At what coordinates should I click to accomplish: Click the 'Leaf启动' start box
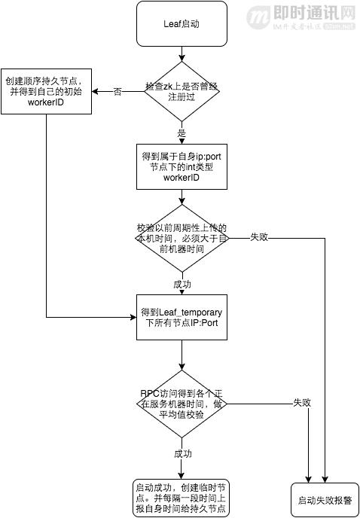pos(181,23)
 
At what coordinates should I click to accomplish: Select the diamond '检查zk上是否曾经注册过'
pos(181,92)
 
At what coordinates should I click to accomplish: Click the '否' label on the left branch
pos(117,92)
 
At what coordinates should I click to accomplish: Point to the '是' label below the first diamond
pos(181,132)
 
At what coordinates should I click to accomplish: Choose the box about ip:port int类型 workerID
pos(181,166)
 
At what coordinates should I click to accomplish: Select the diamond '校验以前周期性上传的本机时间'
pos(181,237)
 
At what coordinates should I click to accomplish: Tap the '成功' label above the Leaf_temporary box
pos(181,285)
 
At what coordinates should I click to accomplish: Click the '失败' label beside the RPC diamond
pos(301,403)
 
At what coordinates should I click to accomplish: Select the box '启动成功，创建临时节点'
pos(181,498)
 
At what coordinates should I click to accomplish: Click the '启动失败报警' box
pos(325,498)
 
